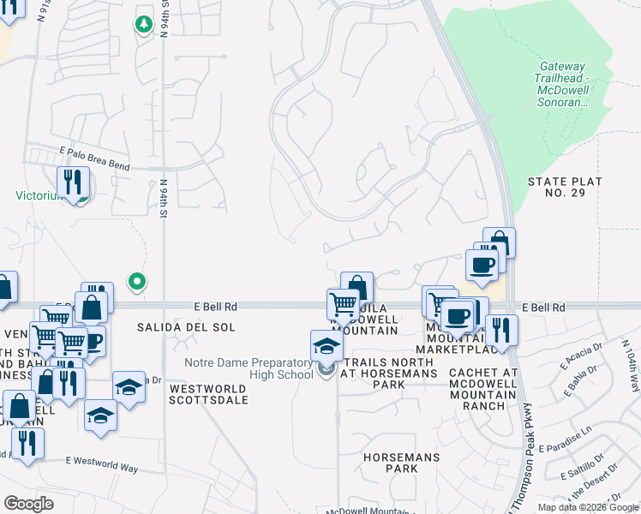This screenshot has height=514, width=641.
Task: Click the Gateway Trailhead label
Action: [x=561, y=84]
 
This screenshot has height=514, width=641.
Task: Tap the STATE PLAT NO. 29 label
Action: [x=565, y=188]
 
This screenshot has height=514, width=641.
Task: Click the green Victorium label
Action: [x=39, y=194]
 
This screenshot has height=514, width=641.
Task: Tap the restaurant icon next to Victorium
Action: [x=73, y=182]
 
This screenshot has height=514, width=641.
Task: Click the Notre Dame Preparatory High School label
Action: [x=249, y=368]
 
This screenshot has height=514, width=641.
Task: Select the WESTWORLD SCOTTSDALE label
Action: [x=209, y=394]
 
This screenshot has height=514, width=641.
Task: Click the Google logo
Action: [x=28, y=503]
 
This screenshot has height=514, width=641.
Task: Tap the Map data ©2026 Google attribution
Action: [x=589, y=507]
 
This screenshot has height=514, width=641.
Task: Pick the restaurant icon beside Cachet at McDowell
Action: [x=501, y=329]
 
